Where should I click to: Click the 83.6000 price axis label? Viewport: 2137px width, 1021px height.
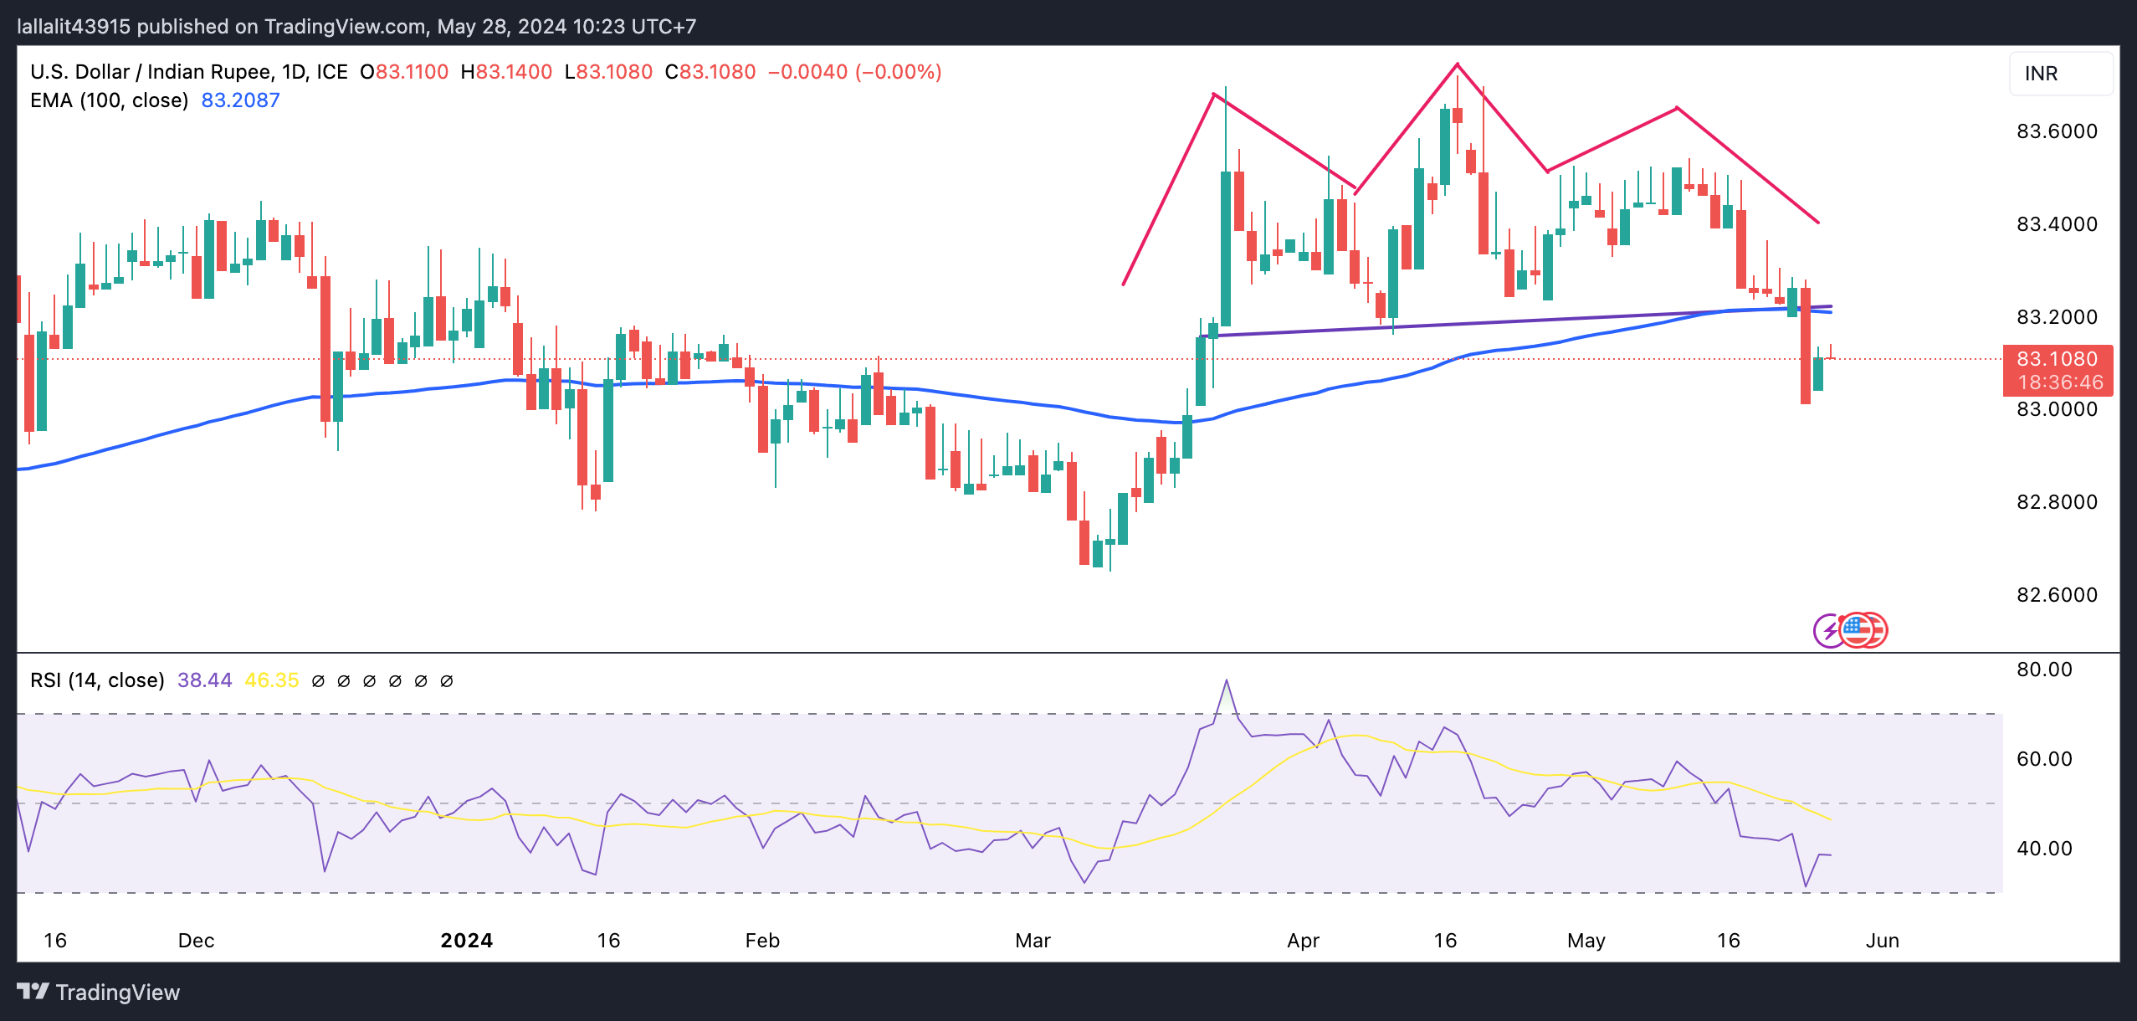(x=2056, y=131)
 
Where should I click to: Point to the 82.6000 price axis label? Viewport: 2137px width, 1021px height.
(x=2056, y=595)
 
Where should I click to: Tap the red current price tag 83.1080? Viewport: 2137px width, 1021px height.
(x=2056, y=359)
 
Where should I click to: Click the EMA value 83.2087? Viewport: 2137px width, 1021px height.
(x=240, y=100)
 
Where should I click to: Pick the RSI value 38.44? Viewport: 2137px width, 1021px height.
(x=204, y=680)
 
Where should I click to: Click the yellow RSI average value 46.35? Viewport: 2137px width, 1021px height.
(x=271, y=680)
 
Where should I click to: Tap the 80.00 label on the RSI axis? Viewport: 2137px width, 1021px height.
(x=2043, y=670)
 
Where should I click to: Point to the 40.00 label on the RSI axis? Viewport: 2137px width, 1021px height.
(x=2043, y=849)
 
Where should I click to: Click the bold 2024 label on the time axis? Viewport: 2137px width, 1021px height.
(x=466, y=941)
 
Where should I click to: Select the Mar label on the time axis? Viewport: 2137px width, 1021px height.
(x=1033, y=941)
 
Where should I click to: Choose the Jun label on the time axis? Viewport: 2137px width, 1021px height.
(x=1882, y=941)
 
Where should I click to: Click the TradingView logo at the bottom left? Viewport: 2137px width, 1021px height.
(x=99, y=993)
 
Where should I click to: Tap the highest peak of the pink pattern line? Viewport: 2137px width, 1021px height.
(x=1457, y=64)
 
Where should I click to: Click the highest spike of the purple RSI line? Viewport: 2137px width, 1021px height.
(x=1227, y=680)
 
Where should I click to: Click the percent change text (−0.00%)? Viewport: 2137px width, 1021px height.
(x=898, y=72)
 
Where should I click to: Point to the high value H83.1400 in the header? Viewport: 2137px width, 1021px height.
(x=506, y=72)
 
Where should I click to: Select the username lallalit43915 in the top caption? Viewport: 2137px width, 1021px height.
(x=74, y=27)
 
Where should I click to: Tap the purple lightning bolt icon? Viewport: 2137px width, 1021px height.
(x=1829, y=630)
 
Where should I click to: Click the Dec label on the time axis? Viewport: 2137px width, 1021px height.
(x=196, y=941)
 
